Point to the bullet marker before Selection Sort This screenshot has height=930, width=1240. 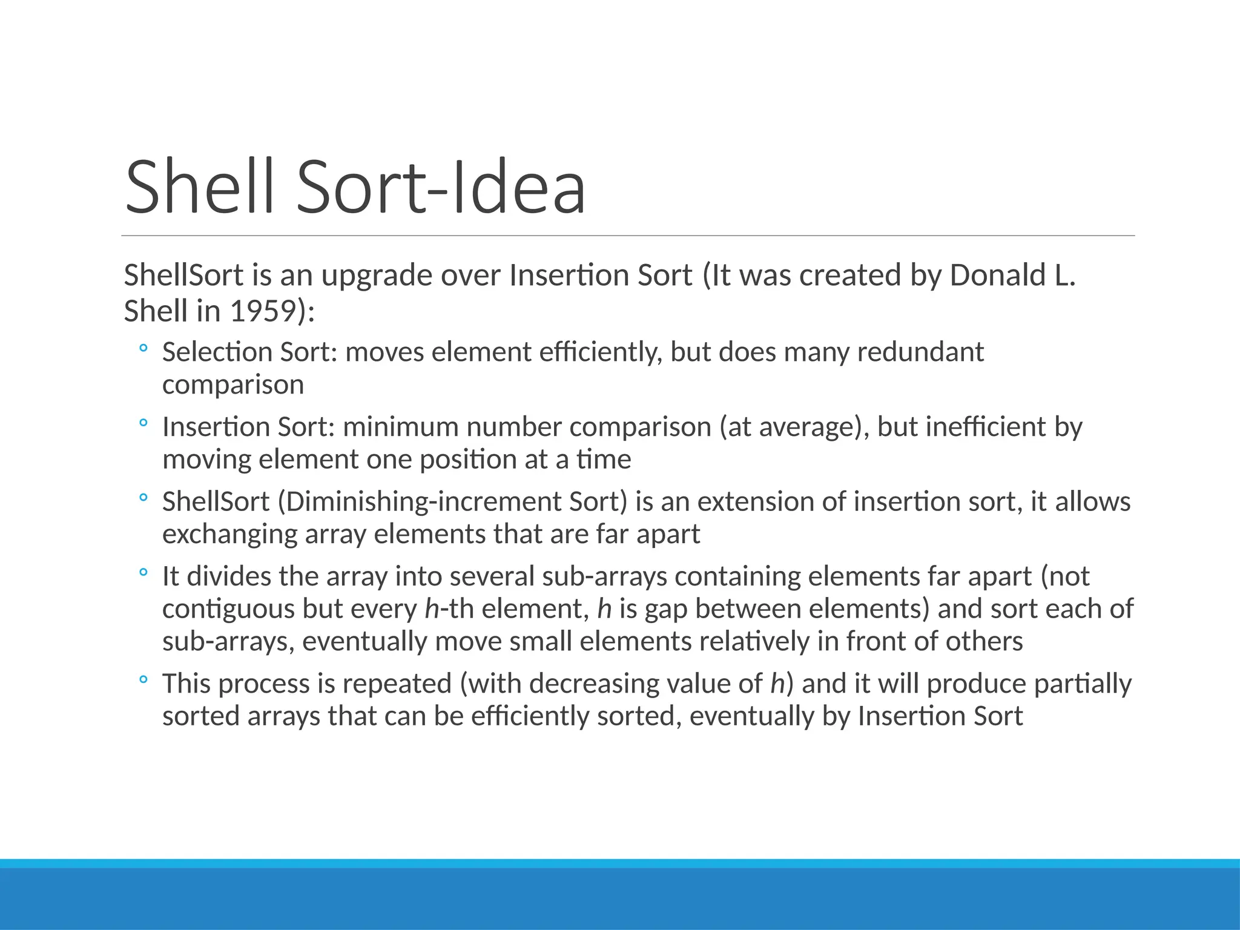pyautogui.click(x=143, y=349)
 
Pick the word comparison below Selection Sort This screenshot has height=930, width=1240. pyautogui.click(x=233, y=385)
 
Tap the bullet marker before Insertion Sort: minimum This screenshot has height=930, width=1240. pyautogui.click(x=143, y=423)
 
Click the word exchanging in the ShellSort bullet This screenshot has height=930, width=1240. pyautogui.click(x=229, y=535)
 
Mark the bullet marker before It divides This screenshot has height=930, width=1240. pyautogui.click(x=143, y=572)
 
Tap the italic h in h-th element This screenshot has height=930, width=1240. pyautogui.click(x=431, y=608)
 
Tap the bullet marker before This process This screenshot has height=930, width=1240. pyautogui.click(x=143, y=680)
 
